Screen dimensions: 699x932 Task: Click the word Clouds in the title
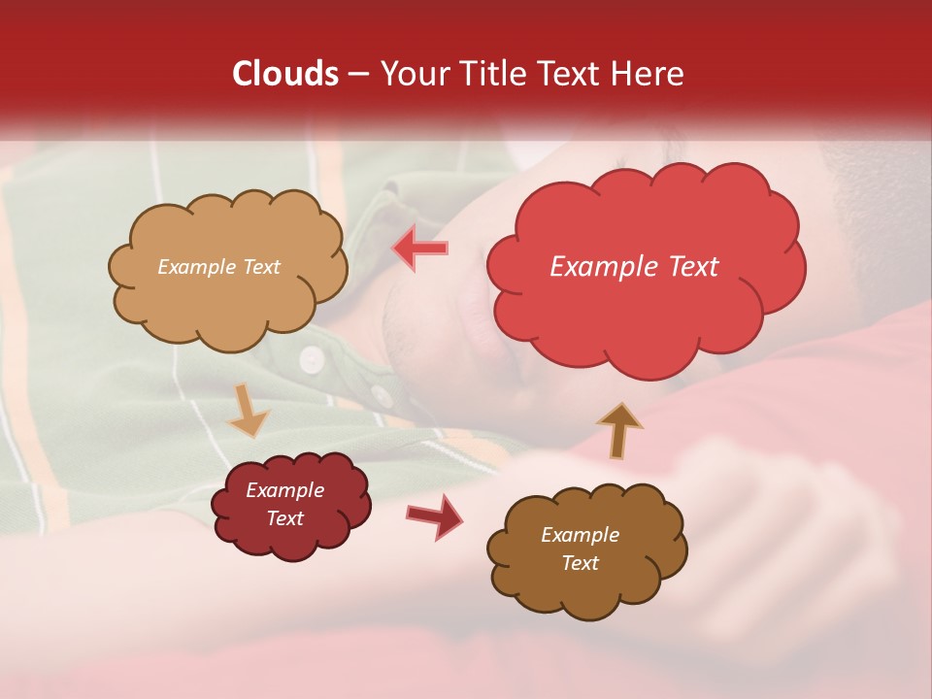tap(285, 74)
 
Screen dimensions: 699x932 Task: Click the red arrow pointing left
tap(420, 248)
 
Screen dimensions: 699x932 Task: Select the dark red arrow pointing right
tap(434, 516)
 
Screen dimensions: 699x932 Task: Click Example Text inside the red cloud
tap(634, 267)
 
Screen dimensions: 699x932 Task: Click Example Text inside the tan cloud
tap(218, 267)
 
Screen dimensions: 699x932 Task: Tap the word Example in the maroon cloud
tap(284, 490)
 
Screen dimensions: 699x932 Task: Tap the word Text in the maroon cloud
tap(284, 518)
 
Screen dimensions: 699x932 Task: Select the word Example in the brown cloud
tap(580, 535)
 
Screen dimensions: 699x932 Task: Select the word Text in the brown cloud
tap(580, 563)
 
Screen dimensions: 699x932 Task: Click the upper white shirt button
tap(311, 359)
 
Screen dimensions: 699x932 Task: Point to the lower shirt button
tap(382, 395)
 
